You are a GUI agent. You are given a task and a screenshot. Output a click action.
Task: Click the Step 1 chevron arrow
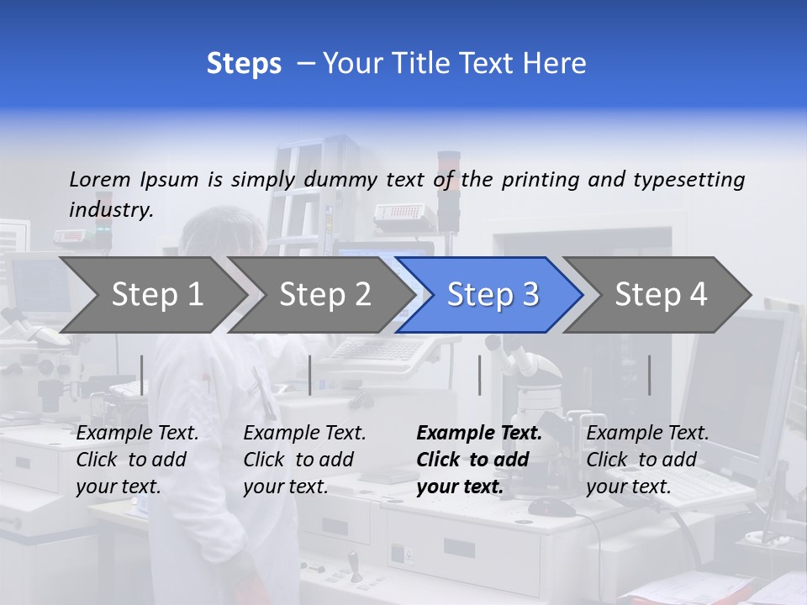pos(156,295)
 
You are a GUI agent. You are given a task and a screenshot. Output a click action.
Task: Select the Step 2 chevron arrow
pos(324,295)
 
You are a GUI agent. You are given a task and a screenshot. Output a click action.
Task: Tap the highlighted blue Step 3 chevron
pos(492,295)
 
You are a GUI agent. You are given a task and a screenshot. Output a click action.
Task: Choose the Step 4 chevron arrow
pos(661,295)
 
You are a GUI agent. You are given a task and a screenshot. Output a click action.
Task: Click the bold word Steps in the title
pos(244,64)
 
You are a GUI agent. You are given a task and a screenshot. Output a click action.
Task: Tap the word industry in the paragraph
pos(110,209)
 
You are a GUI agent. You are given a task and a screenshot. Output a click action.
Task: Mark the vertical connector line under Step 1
pos(142,375)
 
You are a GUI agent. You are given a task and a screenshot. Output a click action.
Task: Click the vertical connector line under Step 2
pos(310,375)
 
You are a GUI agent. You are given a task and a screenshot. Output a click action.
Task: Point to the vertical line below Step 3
pos(479,375)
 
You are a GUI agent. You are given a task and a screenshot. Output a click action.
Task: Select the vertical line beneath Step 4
pos(649,375)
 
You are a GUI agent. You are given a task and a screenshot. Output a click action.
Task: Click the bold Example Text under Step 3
pos(479,434)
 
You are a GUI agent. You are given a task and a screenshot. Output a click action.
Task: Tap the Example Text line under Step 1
pos(137,434)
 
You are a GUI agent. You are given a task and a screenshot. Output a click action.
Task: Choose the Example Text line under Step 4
pos(647,434)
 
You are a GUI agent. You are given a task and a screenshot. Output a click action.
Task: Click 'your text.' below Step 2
pos(285,487)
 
